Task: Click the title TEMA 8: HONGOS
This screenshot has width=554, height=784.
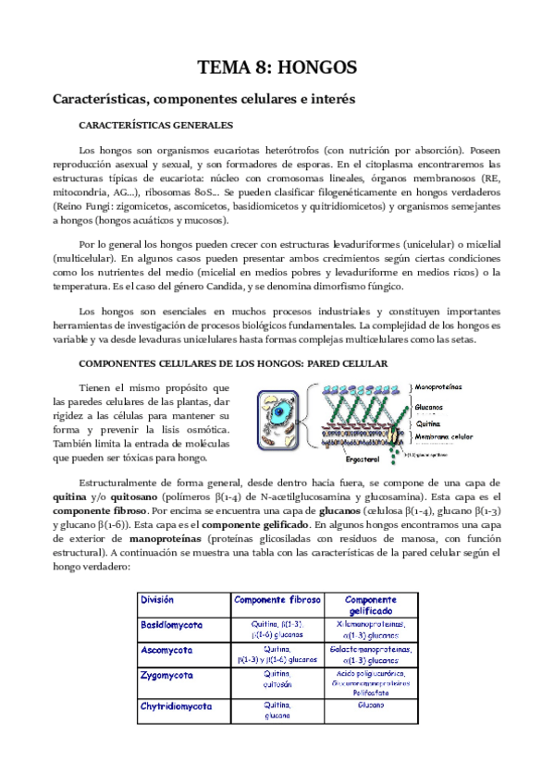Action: (x=277, y=67)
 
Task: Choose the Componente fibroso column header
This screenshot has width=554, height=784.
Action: (x=277, y=600)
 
